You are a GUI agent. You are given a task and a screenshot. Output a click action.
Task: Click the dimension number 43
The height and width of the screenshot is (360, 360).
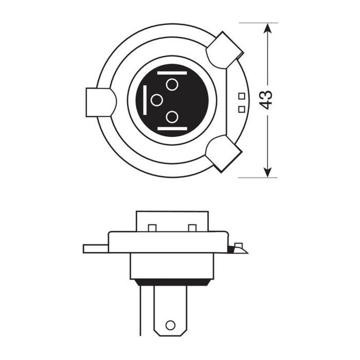(266, 100)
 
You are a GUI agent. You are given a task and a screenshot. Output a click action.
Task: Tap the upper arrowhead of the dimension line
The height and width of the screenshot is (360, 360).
(267, 29)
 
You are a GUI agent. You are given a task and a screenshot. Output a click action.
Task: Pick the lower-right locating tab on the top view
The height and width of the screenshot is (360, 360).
(223, 153)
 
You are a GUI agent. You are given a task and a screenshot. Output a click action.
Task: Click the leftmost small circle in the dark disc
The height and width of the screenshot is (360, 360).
(157, 101)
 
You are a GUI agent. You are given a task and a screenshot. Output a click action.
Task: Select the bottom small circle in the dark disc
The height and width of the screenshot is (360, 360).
(172, 117)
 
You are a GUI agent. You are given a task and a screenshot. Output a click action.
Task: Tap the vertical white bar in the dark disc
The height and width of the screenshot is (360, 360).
(147, 100)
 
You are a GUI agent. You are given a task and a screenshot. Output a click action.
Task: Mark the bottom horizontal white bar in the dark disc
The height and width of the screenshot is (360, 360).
(171, 128)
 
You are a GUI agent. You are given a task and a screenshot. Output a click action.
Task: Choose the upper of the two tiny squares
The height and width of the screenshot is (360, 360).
(241, 96)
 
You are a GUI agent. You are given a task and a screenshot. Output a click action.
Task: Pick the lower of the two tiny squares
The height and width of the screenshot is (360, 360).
(241, 108)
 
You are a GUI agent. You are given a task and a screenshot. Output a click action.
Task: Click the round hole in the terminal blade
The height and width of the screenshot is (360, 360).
(170, 325)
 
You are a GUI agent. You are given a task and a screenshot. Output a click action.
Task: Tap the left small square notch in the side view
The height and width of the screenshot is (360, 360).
(152, 228)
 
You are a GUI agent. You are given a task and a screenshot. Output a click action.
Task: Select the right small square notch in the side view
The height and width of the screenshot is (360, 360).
(192, 228)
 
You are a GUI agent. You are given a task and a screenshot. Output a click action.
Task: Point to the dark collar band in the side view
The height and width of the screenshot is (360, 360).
(172, 281)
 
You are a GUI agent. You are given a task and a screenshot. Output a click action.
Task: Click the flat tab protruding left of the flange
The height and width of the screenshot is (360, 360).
(96, 249)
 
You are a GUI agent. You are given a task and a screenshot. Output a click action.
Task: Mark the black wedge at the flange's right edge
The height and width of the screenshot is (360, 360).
(233, 250)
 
